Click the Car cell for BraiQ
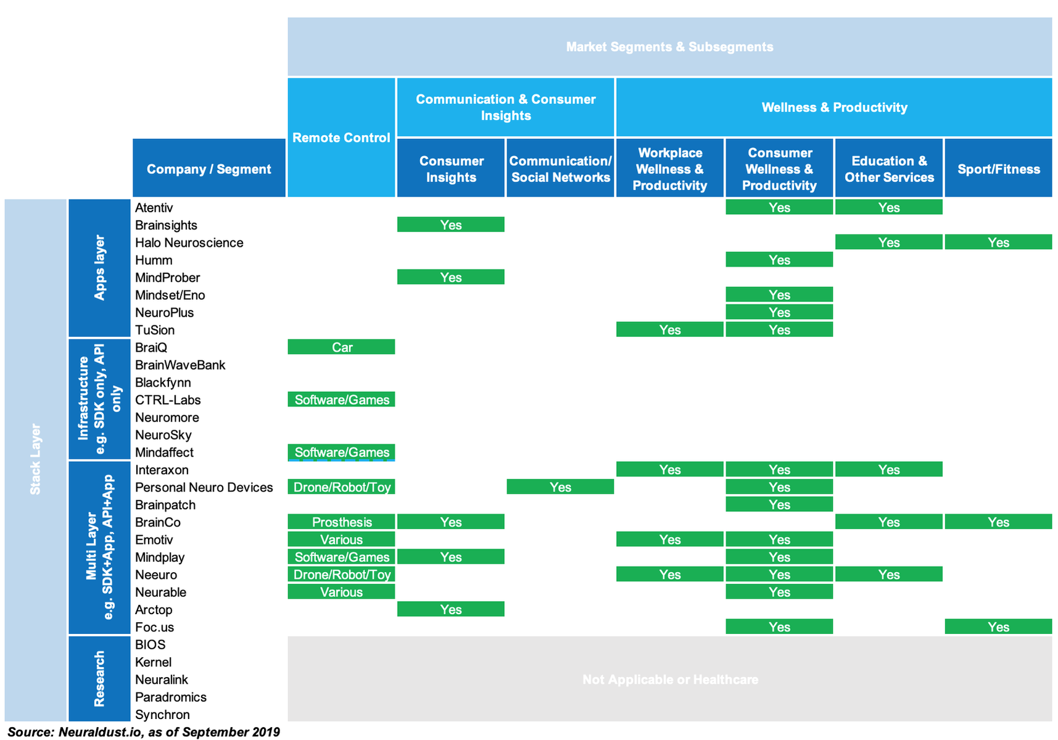tap(341, 347)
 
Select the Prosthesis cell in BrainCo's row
tap(341, 522)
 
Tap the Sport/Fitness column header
tap(998, 168)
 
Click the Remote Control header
tap(341, 138)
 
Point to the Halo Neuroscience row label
tap(189, 243)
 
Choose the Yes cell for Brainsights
tap(451, 225)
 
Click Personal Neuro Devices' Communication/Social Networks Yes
tap(560, 487)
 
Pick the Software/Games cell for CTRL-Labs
tap(341, 399)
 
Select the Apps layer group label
tap(99, 267)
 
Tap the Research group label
tap(99, 678)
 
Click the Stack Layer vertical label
tap(35, 459)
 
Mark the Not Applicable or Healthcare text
tap(670, 680)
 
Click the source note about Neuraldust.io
tap(144, 732)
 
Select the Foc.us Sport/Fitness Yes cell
tap(998, 626)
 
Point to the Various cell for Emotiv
tap(341, 539)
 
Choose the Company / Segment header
tap(209, 168)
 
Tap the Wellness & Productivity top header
tap(834, 107)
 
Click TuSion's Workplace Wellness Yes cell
tap(670, 330)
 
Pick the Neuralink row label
tap(162, 680)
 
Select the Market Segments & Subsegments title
tap(670, 47)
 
